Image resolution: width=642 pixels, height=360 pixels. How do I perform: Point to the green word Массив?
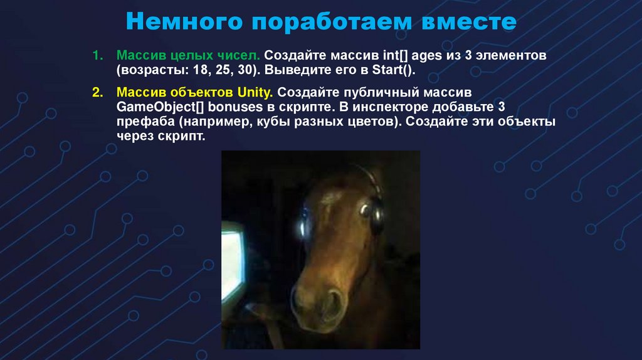(139, 56)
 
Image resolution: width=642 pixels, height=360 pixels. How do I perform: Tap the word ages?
(429, 56)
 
